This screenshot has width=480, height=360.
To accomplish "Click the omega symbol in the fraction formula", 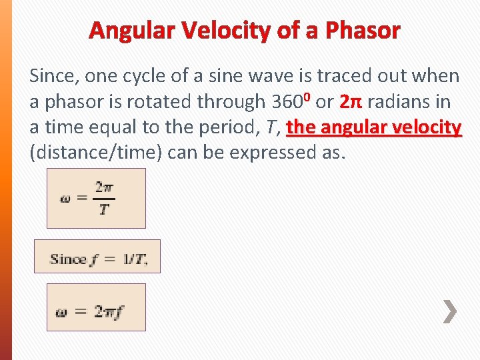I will click(x=65, y=199).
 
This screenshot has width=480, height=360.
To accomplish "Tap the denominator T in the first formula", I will click(x=103, y=209).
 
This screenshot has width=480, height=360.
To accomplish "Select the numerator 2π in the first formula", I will click(x=103, y=188).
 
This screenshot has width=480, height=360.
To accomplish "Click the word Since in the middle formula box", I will click(x=68, y=259).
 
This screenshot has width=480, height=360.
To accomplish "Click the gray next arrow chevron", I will click(x=450, y=311).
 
